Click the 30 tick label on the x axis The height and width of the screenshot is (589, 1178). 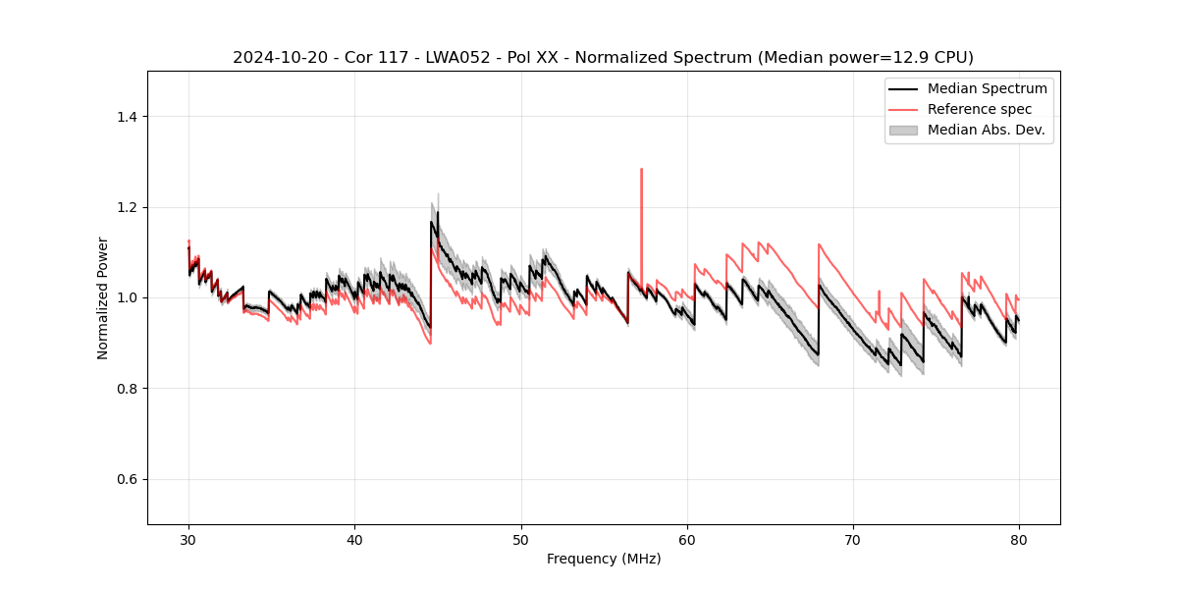[x=188, y=539]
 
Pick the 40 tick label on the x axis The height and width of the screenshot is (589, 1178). [x=354, y=539]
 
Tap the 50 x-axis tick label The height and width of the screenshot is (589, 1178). [x=520, y=539]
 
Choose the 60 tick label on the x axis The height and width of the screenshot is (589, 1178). [x=687, y=539]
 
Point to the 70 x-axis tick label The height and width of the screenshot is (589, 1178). [x=853, y=539]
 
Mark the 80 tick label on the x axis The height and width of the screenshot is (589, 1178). [x=1019, y=539]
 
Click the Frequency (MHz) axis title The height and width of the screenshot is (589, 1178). [x=604, y=559]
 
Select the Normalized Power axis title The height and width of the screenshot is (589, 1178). [x=103, y=297]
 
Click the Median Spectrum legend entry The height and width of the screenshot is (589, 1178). [x=987, y=88]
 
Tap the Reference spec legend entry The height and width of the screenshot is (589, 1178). [x=979, y=109]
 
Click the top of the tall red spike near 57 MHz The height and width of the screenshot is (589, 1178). [x=641, y=169]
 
